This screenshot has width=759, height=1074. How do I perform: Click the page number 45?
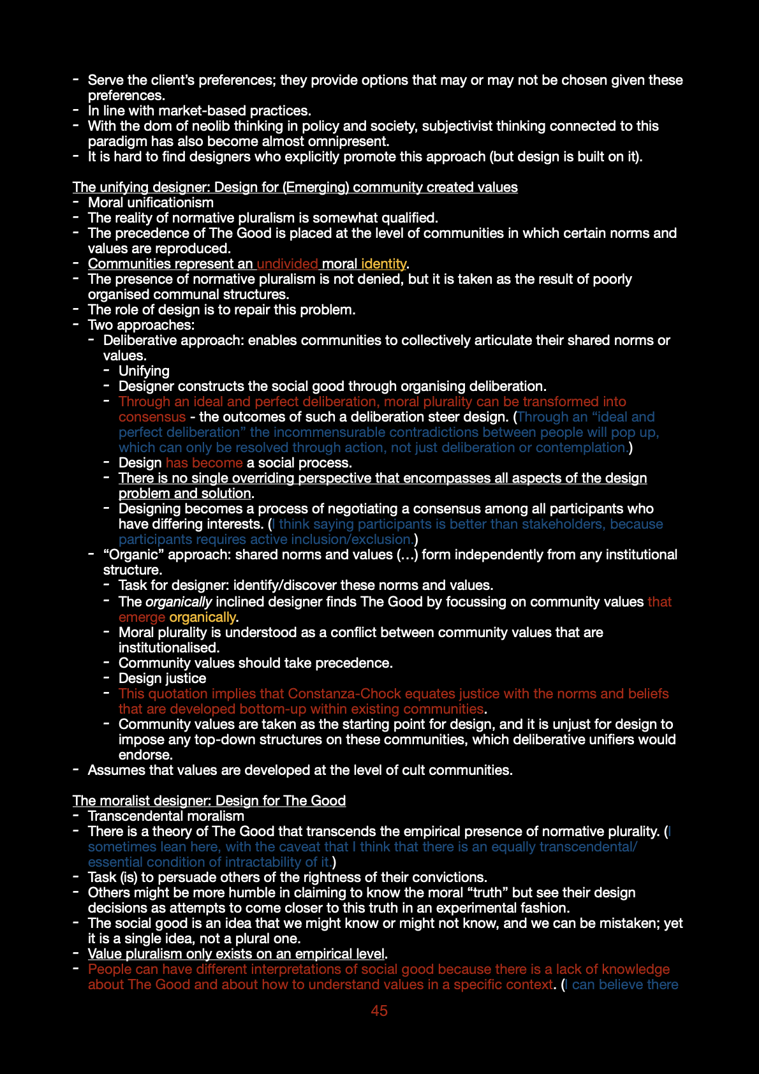(x=379, y=1010)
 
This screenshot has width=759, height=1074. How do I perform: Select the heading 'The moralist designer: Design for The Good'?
(x=209, y=800)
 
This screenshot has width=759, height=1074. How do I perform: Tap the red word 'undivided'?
(x=287, y=263)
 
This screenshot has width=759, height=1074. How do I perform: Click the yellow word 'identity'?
(x=383, y=263)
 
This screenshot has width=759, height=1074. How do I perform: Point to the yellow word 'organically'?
(x=202, y=617)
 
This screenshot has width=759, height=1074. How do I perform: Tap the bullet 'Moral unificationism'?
(x=151, y=202)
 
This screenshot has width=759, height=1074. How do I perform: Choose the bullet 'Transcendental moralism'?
(x=166, y=816)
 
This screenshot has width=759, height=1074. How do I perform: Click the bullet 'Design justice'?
(x=162, y=678)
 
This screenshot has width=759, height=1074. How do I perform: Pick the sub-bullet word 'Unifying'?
(x=144, y=371)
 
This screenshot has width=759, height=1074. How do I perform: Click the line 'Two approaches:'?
(x=141, y=325)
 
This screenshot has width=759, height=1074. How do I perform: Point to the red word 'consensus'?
(x=152, y=416)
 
